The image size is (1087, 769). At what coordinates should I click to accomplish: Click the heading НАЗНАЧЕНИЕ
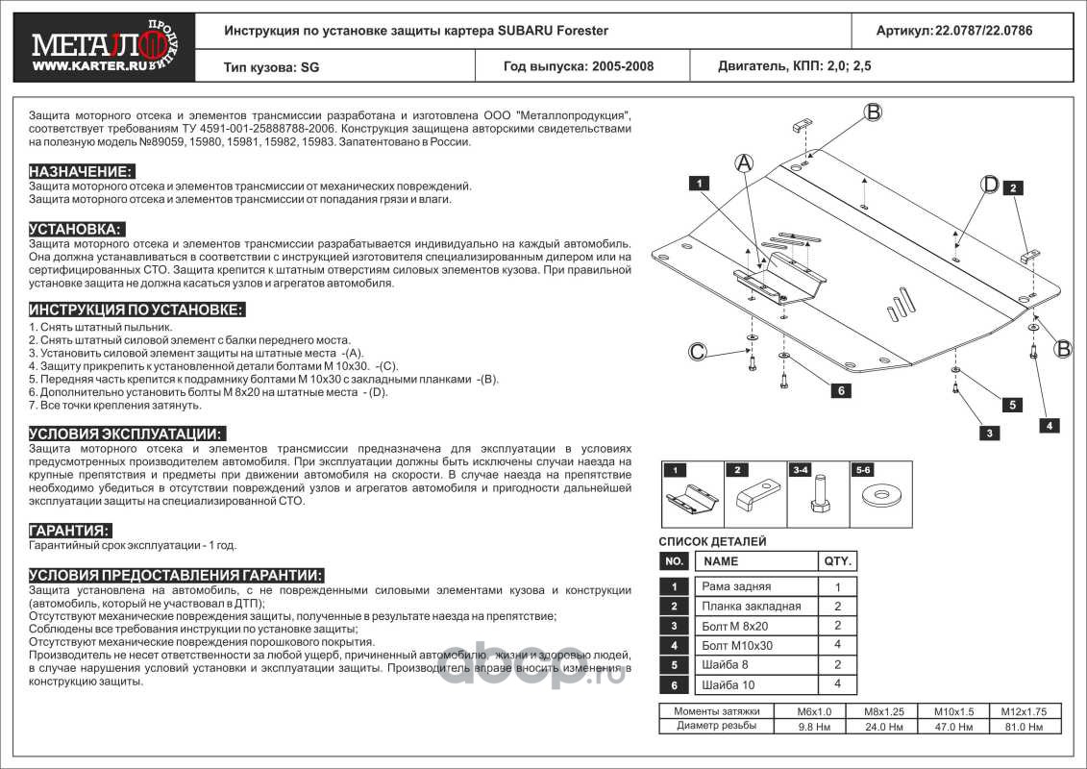[81, 170]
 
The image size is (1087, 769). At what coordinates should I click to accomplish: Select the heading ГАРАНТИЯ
[69, 531]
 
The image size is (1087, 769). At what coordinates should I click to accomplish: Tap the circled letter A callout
[743, 163]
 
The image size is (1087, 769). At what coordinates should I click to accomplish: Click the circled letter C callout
[699, 352]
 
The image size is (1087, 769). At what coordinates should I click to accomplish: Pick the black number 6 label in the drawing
[839, 390]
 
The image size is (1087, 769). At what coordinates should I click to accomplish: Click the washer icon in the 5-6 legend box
[878, 498]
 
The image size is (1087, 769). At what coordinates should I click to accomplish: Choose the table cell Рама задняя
[736, 586]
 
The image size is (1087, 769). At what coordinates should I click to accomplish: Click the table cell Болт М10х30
[737, 646]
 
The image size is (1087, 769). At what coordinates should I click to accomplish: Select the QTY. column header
[836, 561]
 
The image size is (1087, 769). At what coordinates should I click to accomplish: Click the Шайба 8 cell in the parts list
[727, 665]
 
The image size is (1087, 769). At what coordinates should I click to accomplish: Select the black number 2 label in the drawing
[1013, 188]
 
